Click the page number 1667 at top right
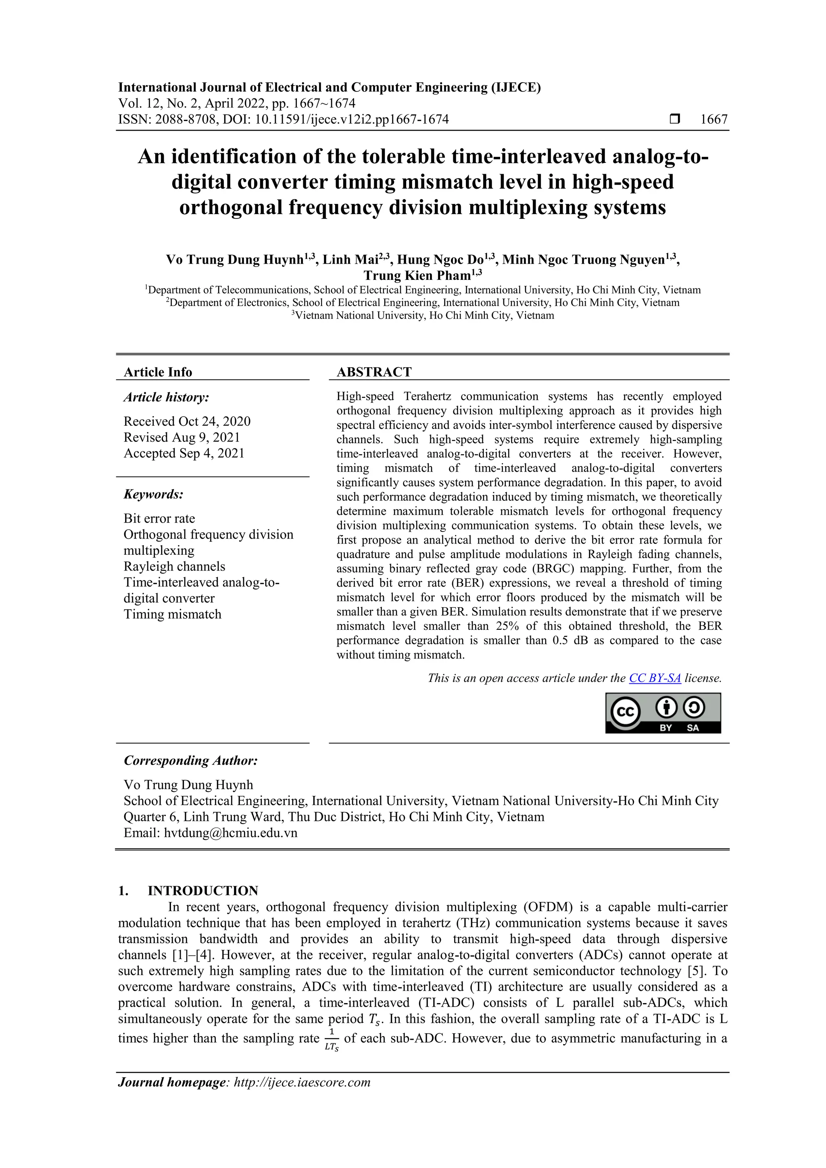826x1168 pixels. coord(713,120)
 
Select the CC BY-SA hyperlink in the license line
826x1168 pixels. coord(655,678)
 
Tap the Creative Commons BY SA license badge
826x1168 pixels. coord(663,713)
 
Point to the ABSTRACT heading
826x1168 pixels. coord(374,372)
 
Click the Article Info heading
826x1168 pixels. coord(158,372)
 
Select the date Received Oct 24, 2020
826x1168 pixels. coord(187,421)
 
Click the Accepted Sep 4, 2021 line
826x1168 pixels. coord(184,453)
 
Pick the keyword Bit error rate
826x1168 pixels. coord(159,518)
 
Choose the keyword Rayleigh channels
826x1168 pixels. coord(174,566)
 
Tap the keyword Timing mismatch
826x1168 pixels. coord(173,614)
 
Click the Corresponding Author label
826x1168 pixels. coord(191,760)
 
